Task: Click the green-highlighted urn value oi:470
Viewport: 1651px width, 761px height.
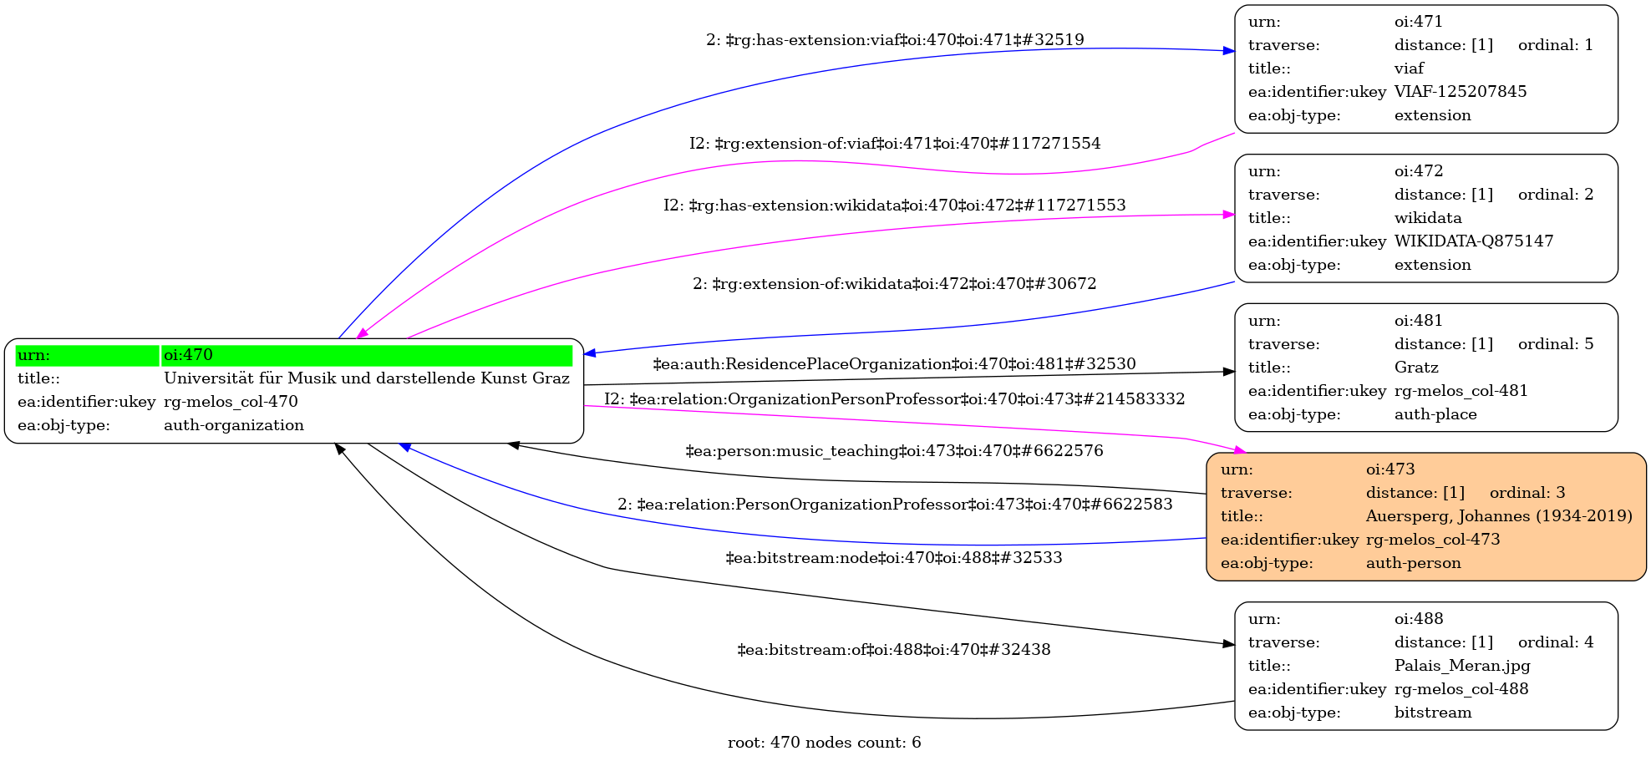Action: coord(188,355)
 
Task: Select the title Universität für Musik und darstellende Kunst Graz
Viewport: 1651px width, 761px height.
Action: coord(366,378)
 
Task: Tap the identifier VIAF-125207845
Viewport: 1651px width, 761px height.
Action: coord(1460,92)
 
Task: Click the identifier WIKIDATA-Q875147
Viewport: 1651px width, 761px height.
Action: coord(1473,241)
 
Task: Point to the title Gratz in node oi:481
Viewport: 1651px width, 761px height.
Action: coord(1416,368)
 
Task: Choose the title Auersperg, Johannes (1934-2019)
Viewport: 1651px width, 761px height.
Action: coord(1498,516)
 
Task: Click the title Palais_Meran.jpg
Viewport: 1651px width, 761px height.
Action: coord(1461,666)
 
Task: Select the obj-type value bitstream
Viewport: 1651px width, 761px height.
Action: coord(1432,713)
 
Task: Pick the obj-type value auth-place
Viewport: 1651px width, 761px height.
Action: coord(1435,414)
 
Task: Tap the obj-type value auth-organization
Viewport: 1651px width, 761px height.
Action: coord(233,425)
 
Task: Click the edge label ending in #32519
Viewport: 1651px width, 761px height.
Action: coord(895,40)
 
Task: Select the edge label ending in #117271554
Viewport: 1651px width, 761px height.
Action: coord(895,144)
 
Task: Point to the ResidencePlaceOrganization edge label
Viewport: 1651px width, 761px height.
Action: coord(894,364)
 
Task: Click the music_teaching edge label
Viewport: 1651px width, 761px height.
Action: coord(894,451)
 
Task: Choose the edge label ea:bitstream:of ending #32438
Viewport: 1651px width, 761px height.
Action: coord(893,650)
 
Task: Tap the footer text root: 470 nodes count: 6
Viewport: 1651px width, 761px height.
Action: coord(824,743)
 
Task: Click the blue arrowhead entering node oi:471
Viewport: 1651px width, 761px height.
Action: coord(1229,51)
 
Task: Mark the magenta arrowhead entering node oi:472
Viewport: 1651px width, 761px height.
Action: coord(1229,215)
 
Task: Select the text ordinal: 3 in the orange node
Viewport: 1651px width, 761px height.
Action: coord(1527,493)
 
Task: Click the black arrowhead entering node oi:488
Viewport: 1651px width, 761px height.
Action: coord(1229,644)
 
